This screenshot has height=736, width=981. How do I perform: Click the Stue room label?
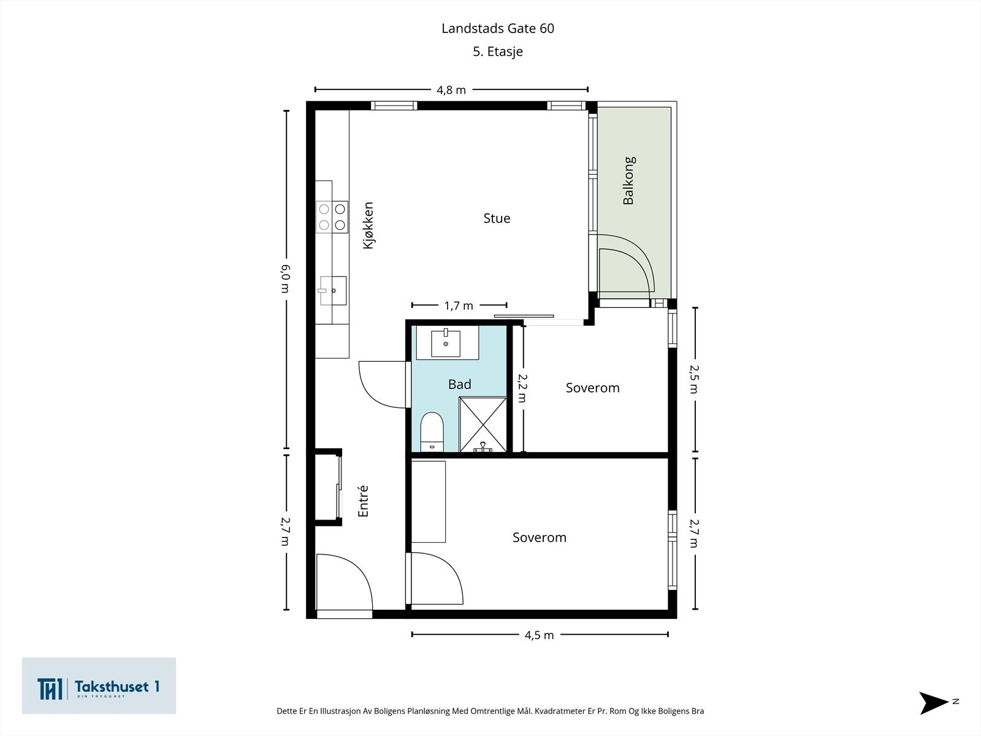497,218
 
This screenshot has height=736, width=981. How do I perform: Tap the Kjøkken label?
368,225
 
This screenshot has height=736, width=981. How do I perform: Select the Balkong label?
629,180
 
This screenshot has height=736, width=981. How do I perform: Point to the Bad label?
459,385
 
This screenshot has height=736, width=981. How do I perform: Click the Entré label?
363,501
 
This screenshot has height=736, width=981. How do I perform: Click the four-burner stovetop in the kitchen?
332,217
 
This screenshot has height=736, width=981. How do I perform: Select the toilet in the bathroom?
432,432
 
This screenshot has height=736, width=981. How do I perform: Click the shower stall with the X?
483,424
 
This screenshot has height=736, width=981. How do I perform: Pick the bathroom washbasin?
446,343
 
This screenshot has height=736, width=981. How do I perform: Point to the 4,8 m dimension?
451,90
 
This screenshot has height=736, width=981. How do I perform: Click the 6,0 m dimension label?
286,278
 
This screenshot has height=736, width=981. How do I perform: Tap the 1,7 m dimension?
459,305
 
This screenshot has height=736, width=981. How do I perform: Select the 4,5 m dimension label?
539,635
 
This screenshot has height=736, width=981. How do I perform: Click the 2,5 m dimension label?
694,380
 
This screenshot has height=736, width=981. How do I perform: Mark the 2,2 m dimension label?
522,388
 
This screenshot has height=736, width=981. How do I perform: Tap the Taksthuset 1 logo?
99,686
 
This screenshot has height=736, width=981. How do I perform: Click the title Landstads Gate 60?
498,28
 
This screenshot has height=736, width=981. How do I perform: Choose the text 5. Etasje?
498,52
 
